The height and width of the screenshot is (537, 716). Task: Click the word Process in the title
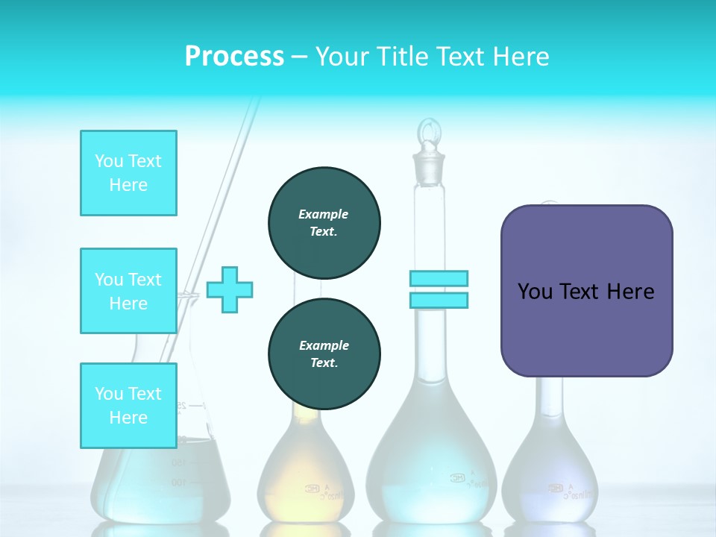(x=234, y=57)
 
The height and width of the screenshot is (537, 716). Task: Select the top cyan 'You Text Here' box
(x=128, y=173)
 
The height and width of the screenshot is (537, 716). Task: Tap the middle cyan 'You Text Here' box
(x=128, y=291)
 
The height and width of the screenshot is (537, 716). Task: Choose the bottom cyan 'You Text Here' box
(x=128, y=406)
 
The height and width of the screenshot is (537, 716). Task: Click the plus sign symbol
(x=230, y=289)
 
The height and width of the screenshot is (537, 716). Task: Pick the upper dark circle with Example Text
(x=324, y=222)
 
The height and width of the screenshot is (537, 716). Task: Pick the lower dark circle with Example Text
(x=324, y=354)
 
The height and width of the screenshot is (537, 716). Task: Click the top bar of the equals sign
(x=439, y=278)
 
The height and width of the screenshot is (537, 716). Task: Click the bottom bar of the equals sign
(x=439, y=300)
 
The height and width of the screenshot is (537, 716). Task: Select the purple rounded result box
(x=586, y=291)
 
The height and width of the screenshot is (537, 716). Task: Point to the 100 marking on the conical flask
(x=178, y=483)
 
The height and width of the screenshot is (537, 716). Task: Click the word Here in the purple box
(x=630, y=292)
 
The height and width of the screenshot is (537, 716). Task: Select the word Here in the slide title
(x=520, y=57)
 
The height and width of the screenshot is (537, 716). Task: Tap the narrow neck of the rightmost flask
(x=551, y=399)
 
